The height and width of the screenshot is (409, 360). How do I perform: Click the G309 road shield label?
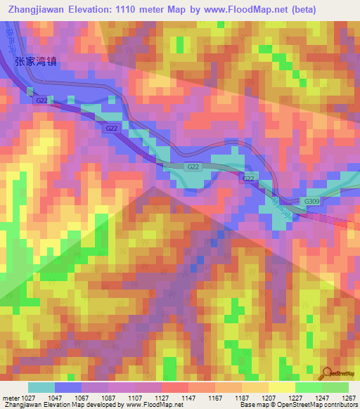(311, 201)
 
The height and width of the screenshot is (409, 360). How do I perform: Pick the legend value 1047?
(54, 397)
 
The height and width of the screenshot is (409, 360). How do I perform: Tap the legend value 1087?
(108, 397)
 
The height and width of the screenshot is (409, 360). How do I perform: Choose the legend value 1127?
(161, 397)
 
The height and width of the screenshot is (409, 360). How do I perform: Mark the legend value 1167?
(214, 397)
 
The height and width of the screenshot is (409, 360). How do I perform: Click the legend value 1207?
(268, 397)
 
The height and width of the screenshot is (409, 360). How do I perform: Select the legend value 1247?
(321, 397)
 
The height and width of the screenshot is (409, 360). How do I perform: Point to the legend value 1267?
(348, 397)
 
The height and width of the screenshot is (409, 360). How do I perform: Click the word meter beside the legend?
(9, 397)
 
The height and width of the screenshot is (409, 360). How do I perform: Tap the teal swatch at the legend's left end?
(41, 387)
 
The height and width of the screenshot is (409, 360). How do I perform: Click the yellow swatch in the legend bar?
(281, 387)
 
